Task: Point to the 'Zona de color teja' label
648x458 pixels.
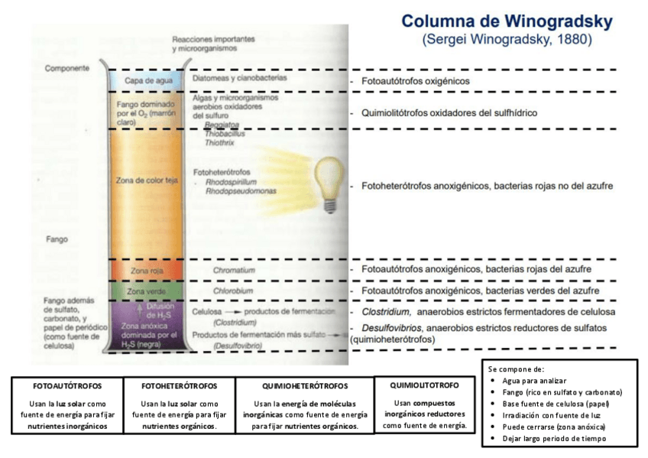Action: tap(146, 181)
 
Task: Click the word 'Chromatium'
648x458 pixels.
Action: tap(234, 271)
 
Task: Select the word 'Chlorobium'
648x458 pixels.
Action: tap(233, 291)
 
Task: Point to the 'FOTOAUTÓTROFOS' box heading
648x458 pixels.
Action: tap(68, 386)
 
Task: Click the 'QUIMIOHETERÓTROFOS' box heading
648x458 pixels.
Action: tap(305, 386)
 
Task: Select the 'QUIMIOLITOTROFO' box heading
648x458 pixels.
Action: tap(424, 385)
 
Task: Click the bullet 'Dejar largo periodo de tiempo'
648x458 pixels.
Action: tap(554, 438)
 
